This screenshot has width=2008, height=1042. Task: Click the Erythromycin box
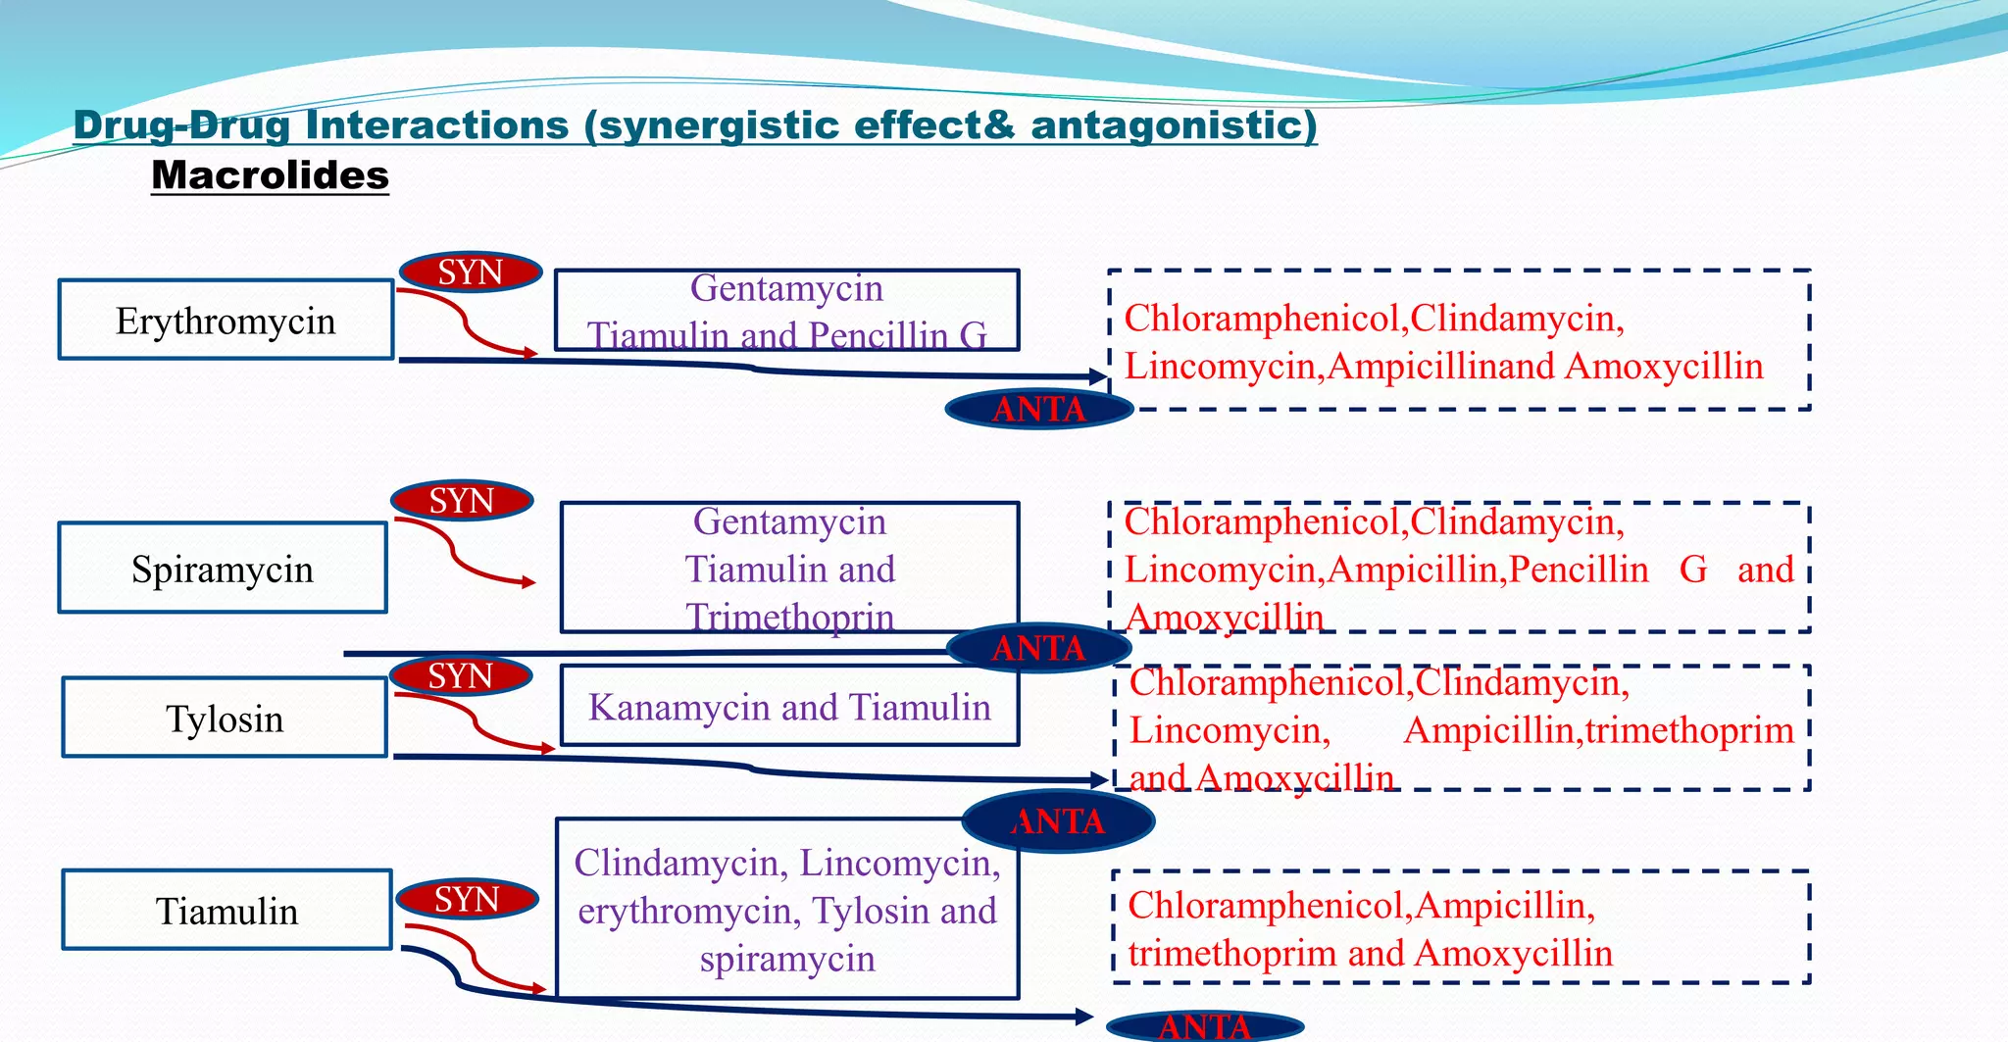pos(226,320)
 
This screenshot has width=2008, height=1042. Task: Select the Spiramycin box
pos(223,568)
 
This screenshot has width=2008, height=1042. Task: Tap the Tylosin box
pos(225,718)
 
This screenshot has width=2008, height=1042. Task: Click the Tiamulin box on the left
pos(226,910)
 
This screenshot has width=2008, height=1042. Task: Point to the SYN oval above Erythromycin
pos(471,272)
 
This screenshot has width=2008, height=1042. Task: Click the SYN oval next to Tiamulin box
pos(467,898)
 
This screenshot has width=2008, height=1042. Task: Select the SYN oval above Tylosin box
pos(461,675)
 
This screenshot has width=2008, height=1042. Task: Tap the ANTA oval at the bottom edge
pos(1205,1026)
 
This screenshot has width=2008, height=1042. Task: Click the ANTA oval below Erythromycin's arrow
pos(1039,408)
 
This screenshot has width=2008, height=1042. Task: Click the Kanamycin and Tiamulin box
pos(789,706)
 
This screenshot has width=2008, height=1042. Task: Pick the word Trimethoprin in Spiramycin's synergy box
pos(789,617)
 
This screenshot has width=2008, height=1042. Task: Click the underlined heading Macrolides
pos(270,175)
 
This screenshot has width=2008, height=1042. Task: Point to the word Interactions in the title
pos(436,124)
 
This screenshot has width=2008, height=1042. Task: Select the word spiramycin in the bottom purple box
pos(787,958)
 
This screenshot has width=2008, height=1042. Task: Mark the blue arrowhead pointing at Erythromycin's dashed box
pos(1099,375)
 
